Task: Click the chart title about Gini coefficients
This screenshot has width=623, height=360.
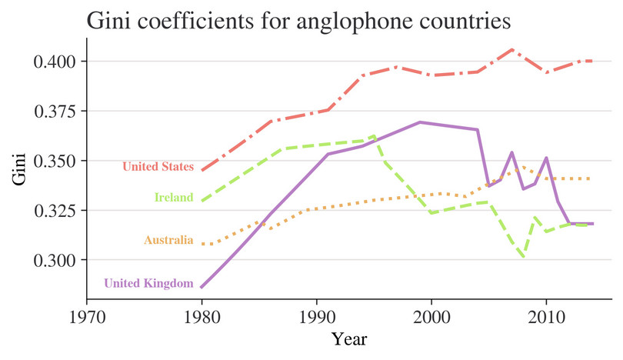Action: coord(298,21)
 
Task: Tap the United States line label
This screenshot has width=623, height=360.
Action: coord(158,166)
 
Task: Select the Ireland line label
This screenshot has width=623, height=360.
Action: coord(174,198)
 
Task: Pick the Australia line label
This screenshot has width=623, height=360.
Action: coord(168,240)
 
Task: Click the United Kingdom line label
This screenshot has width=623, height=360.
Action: coord(148,283)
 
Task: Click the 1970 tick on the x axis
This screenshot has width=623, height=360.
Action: coord(86,316)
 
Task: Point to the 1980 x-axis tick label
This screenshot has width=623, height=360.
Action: coord(202,316)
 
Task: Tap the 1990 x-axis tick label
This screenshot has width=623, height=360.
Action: coord(316,316)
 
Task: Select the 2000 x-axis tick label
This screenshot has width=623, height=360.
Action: coord(431,316)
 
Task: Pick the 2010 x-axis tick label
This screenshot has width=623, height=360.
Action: coord(546,316)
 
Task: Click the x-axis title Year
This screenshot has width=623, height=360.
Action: coord(349,339)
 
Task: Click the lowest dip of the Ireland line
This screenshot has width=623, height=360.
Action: coord(524,256)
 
